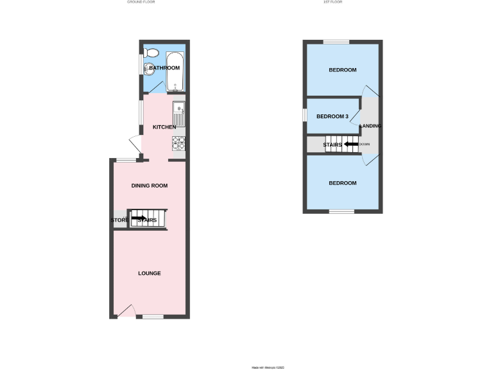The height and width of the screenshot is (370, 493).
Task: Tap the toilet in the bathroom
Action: click(x=149, y=67)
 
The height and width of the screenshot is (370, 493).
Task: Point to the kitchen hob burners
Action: click(x=178, y=143)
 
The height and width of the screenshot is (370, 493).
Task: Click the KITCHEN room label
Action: click(x=164, y=127)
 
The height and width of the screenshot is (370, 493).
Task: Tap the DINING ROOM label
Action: click(x=150, y=186)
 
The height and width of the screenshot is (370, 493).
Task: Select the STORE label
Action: click(x=119, y=220)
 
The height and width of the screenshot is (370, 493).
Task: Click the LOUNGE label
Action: click(x=150, y=273)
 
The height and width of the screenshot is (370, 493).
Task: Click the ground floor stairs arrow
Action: click(x=139, y=218)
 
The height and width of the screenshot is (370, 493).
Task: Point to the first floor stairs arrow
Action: click(x=350, y=145)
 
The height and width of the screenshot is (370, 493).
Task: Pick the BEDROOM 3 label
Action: click(x=333, y=116)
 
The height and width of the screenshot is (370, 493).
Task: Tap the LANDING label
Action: click(x=371, y=126)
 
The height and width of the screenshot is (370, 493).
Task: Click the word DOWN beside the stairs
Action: click(x=365, y=145)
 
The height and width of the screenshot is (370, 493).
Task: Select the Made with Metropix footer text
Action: click(x=266, y=367)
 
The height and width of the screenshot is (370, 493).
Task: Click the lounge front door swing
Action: click(x=126, y=311)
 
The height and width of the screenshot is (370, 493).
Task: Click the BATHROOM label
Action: click(x=164, y=67)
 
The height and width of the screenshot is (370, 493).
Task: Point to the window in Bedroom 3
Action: click(x=306, y=114)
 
